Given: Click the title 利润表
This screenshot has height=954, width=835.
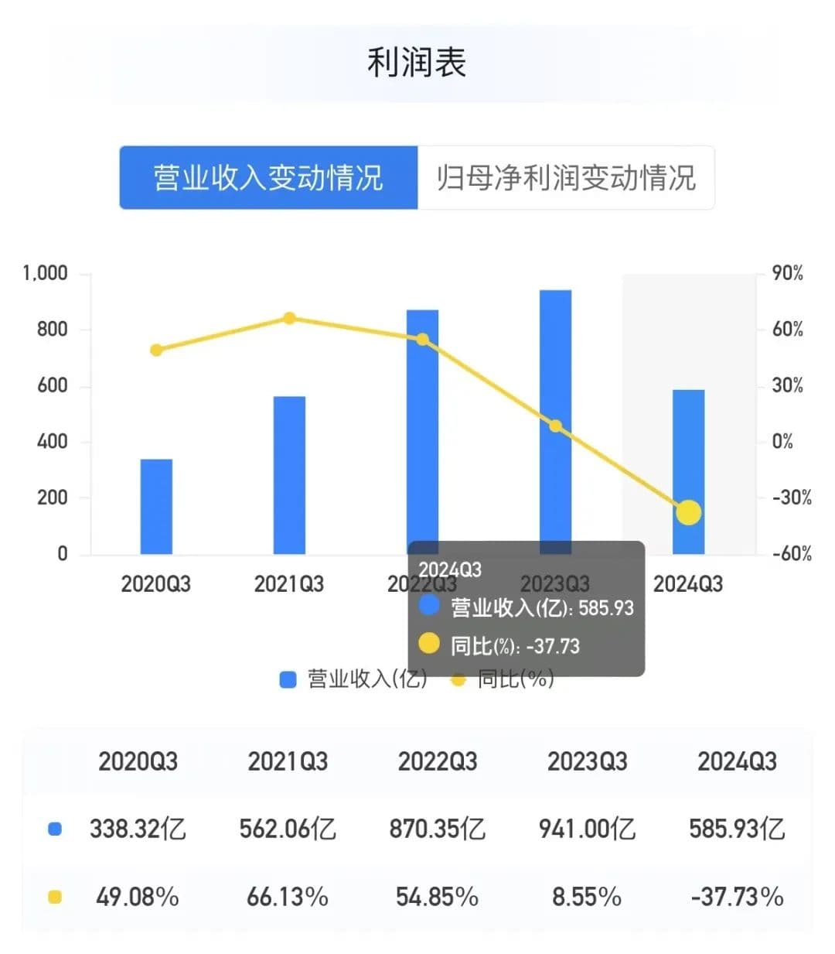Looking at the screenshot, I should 416,63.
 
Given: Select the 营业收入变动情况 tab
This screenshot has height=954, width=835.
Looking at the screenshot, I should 268,177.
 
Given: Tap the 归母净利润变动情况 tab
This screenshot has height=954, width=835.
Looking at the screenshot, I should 566,177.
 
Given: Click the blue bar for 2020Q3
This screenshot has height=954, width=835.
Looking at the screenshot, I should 156,507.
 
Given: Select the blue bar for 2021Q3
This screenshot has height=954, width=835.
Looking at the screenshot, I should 289,475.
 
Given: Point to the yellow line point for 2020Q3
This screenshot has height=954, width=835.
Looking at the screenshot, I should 156,350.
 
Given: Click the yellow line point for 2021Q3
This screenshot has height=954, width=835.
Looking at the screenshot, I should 289,318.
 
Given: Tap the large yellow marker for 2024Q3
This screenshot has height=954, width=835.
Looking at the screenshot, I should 688,512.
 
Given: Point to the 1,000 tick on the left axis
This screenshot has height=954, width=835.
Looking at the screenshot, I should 45,273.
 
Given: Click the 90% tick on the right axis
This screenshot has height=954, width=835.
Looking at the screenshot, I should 787,273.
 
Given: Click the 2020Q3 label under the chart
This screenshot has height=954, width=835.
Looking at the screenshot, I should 156,583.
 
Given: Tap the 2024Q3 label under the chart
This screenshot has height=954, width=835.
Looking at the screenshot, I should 688,583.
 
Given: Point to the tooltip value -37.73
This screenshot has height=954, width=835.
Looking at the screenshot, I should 553,646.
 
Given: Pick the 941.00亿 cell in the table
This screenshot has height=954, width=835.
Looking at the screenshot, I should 587,829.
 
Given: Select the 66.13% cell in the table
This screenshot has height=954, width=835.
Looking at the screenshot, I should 288,897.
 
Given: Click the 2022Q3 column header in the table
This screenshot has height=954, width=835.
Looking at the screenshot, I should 438,761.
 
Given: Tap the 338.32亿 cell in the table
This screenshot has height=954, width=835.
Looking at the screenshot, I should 138,829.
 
